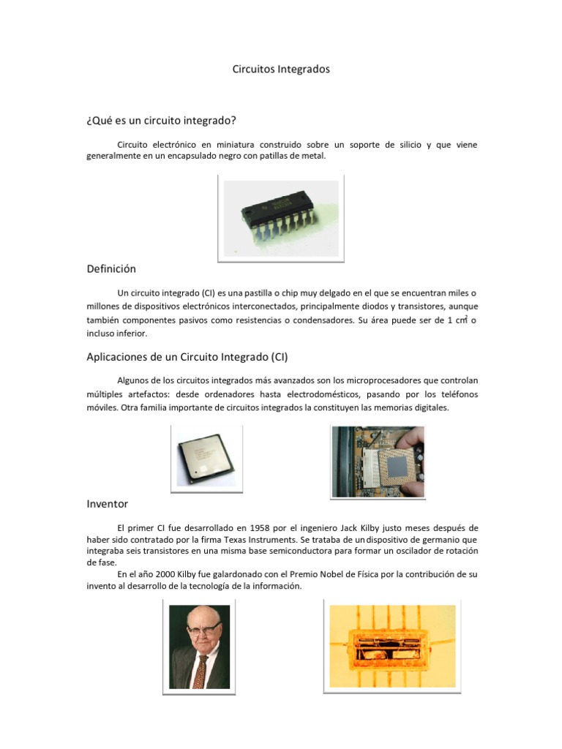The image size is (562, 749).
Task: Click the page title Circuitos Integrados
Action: point(281,69)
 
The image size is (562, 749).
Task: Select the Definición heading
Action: point(111,269)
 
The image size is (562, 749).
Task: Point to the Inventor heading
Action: point(107,504)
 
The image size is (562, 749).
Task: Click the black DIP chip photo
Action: point(281,217)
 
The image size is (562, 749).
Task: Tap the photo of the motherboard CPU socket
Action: point(378,461)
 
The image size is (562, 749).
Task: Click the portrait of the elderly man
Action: point(200,646)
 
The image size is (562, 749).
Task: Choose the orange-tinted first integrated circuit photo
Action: point(391,646)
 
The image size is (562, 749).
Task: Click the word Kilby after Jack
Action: point(381,527)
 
